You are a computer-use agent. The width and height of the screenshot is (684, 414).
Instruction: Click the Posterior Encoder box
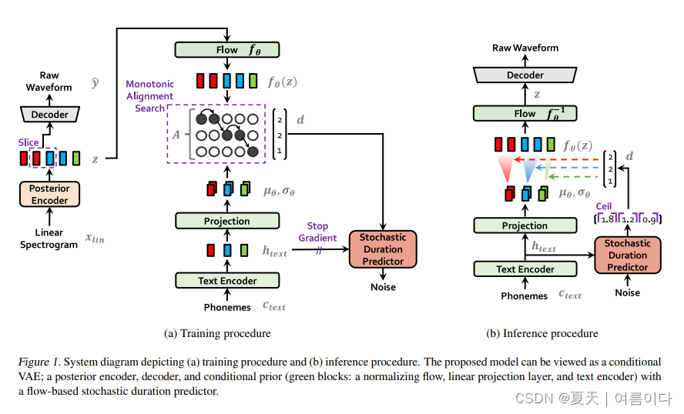49,195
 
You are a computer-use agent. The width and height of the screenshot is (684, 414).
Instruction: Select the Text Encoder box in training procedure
227,280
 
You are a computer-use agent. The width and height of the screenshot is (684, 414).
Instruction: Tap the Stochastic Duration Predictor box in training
383,249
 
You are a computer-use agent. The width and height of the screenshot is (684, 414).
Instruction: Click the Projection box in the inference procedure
525,225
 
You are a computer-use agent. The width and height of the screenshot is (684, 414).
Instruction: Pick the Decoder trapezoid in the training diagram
49,114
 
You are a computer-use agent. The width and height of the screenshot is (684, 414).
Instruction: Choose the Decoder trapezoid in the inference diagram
525,75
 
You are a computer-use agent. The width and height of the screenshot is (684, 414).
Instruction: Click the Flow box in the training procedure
227,50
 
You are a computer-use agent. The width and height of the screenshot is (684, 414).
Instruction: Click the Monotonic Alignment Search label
150,96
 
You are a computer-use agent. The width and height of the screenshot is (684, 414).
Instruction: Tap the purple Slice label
28,142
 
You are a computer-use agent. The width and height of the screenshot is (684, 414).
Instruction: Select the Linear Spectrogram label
49,239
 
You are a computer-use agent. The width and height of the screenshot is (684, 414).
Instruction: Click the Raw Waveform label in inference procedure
525,48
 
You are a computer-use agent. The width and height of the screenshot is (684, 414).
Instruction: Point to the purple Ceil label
604,206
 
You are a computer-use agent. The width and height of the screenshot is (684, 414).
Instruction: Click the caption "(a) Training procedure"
217,333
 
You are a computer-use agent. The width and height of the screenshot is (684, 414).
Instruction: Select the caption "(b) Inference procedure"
542,333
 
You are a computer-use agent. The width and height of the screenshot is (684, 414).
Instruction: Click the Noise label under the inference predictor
627,292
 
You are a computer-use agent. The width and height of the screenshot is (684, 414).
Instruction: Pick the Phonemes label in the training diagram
227,307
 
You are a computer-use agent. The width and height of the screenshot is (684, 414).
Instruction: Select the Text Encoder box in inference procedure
525,269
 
